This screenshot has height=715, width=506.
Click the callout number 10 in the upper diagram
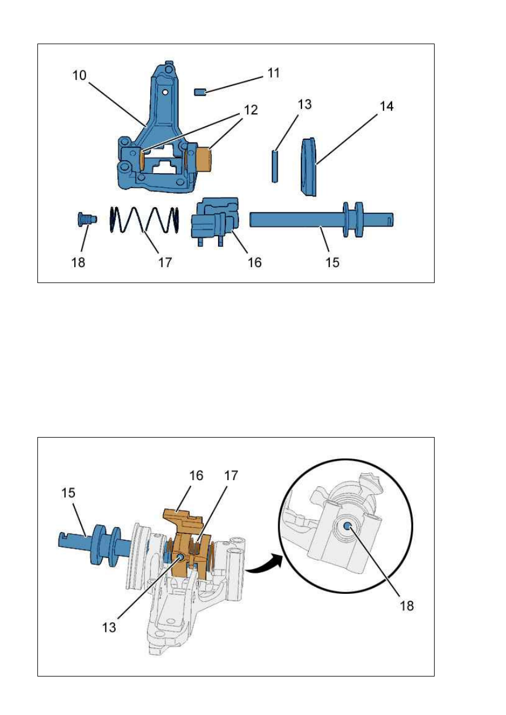click(x=79, y=75)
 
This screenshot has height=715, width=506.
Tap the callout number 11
click(x=274, y=73)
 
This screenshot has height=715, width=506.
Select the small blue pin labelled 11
click(x=199, y=92)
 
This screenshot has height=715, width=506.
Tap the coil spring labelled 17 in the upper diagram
click(x=144, y=219)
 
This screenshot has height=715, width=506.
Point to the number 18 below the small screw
click(x=79, y=263)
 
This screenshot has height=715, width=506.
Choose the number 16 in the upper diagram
click(x=255, y=263)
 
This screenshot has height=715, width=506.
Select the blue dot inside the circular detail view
click(x=347, y=526)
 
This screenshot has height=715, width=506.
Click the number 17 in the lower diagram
click(x=231, y=476)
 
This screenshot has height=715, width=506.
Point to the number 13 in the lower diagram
click(x=109, y=627)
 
